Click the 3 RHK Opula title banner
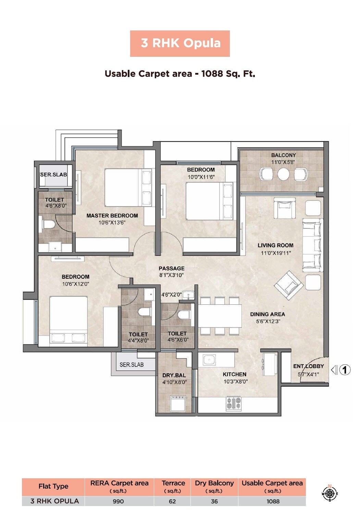coord(180,43)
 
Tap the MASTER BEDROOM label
coord(112,216)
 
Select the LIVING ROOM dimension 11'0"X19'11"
coord(276,253)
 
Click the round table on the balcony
coord(283,174)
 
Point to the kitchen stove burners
coord(234,403)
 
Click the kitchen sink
coord(209,360)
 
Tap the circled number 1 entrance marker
coord(345,370)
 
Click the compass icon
coord(330,493)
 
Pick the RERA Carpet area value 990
coord(119,501)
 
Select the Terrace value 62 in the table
coord(172,501)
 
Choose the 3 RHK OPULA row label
coord(55,501)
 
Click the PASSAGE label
coord(171,268)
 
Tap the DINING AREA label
coord(267,314)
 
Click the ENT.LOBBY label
coord(308,366)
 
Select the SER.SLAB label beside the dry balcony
coord(132,365)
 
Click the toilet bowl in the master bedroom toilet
coord(48,225)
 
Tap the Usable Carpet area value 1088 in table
coord(273,501)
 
